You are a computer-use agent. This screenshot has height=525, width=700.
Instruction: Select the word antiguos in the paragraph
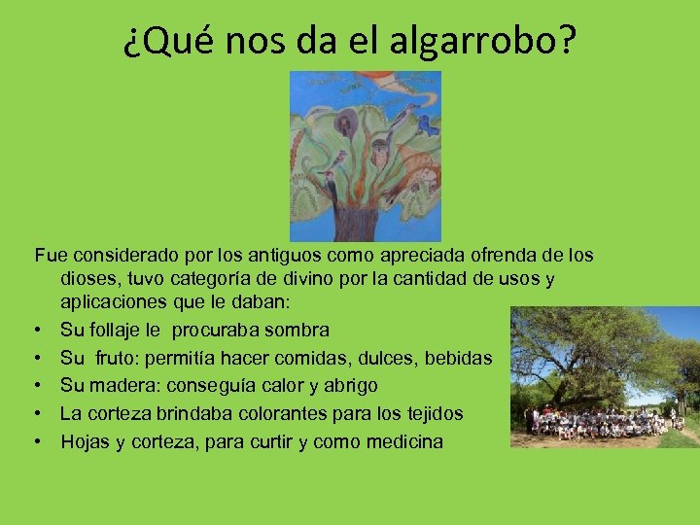coord(267,256)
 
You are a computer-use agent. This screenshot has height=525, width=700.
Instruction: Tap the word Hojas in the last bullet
coord(85,441)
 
